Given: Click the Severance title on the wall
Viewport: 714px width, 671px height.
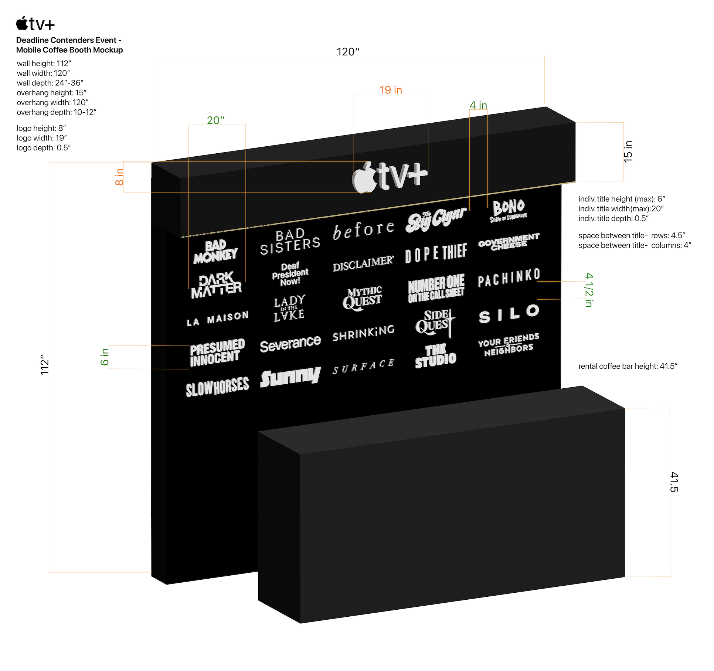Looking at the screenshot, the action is pos(290,344).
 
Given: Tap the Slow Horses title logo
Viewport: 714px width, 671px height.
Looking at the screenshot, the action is pos(217,386).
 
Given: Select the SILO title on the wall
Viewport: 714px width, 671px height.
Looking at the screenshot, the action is pos(509,314).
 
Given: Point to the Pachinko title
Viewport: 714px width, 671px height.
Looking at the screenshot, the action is pos(509,278).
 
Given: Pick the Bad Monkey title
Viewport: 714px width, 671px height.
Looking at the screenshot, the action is pos(215,252).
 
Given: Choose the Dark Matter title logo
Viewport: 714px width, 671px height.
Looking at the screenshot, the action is pos(216,286).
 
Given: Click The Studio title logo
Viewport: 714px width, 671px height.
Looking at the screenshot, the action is pos(436,356).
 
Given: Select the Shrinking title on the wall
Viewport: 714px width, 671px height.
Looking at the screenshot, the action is pos(363,333).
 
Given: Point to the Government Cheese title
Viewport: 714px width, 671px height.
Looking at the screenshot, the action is pos(509,242).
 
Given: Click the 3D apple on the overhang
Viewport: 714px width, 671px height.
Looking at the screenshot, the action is pos(364,178).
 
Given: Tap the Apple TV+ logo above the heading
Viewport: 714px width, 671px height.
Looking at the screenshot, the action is pos(35,24).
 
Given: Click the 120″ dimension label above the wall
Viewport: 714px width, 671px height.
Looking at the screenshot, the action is pos(348,52).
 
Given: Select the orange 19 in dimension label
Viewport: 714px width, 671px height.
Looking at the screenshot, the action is pos(391,90).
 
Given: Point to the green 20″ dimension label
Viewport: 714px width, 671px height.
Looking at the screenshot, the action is pos(215,120).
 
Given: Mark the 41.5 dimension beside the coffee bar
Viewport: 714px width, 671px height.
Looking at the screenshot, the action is pos(674,482).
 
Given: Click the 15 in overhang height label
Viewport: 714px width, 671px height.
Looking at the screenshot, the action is pos(628,151).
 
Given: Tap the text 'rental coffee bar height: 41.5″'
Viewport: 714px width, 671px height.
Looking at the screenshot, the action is pos(628,366).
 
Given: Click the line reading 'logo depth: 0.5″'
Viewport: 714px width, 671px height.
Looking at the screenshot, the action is pos(44,148).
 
